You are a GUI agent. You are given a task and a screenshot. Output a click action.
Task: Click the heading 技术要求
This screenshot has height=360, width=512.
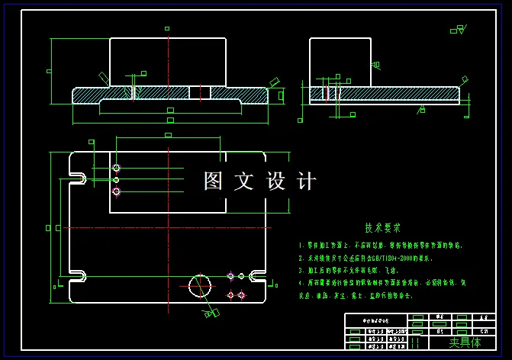point(382,227)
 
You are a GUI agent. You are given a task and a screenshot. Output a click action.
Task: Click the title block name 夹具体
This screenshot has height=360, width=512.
point(465,342)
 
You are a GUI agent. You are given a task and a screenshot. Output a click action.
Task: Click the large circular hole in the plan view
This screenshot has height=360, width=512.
point(200,286)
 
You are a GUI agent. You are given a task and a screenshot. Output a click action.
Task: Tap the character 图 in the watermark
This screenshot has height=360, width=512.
point(213,182)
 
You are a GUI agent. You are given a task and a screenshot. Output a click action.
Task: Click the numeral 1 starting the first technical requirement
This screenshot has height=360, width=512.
point(301,246)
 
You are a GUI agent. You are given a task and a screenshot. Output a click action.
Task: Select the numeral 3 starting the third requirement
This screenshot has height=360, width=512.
point(301,271)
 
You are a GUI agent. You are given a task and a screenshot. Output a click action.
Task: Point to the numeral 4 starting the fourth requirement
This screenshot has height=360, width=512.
point(301,283)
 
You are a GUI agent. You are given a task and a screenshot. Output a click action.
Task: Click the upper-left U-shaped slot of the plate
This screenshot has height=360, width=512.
point(78,178)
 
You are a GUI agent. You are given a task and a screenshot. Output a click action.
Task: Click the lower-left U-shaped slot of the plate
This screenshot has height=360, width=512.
point(78,275)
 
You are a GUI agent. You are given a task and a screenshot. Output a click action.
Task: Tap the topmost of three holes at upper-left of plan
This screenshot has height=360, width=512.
point(116,168)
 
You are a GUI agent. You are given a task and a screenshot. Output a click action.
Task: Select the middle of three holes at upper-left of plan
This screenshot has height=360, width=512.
point(116,180)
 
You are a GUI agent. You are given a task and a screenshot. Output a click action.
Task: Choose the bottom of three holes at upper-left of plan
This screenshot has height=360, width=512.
point(116,191)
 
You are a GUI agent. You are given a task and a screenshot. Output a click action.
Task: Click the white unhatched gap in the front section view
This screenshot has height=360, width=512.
point(199,92)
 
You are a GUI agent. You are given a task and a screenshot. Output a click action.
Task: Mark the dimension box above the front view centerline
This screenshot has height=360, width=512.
point(167,28)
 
